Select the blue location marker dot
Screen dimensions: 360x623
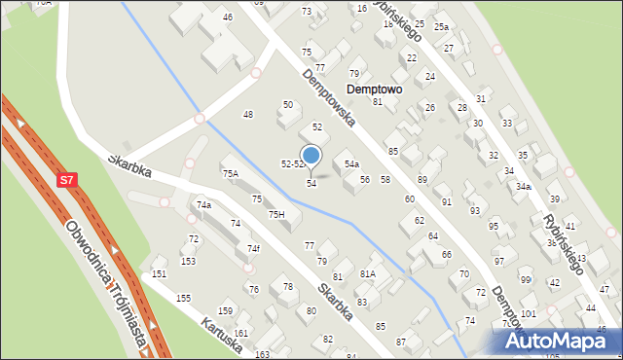point(311,156)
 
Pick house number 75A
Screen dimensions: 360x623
point(230,173)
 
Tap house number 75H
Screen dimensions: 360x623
point(276,214)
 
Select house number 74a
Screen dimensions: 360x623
point(203,205)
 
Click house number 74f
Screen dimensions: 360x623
point(253,249)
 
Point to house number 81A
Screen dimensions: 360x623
point(367,274)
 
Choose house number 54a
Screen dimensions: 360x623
point(351,164)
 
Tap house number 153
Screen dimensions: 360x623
point(189,261)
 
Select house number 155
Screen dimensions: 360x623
point(183,298)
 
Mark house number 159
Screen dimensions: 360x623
point(225,311)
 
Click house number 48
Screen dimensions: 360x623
point(248,115)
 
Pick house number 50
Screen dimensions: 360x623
point(287,104)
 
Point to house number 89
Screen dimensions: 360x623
point(422,180)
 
